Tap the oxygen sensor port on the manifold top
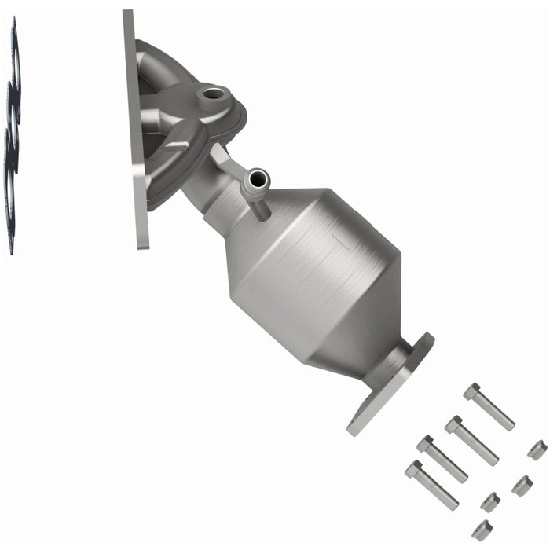(214, 98)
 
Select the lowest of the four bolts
(431, 485)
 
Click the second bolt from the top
(471, 440)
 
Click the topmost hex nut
(537, 449)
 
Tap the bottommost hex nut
(482, 530)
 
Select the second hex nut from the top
(522, 485)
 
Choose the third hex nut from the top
(490, 501)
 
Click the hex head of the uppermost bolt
(471, 391)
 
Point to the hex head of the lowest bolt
(414, 470)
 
